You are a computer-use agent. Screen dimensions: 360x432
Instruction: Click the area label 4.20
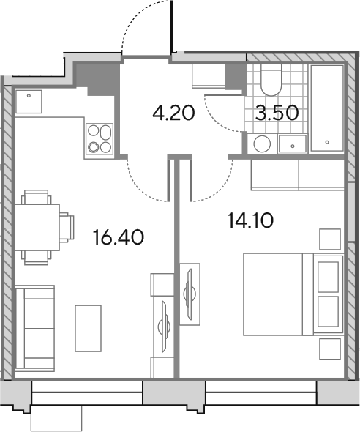pos(173,113)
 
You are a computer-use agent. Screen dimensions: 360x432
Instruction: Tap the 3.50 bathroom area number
pos(277,113)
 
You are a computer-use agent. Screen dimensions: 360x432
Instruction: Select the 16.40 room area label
pos(119,237)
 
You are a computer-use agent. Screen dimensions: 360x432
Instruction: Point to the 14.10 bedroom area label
pos(250,220)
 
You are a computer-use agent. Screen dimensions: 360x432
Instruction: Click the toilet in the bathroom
pos(271,80)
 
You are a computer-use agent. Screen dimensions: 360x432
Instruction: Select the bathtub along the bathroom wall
pos(327,108)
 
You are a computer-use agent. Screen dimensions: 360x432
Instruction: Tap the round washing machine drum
pos(262,144)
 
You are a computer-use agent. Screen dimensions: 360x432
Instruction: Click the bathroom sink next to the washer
pos(292,144)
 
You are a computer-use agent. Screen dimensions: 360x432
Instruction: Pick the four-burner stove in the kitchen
pos(100,138)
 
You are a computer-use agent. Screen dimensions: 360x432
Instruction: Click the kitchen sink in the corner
pos(29,101)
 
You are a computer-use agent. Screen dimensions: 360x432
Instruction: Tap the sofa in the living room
pos(35,329)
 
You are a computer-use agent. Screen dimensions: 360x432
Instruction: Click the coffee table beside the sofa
pos(88,328)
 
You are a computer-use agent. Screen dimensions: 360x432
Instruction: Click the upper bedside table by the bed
pos(330,239)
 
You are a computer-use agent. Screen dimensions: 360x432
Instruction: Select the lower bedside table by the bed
pos(330,349)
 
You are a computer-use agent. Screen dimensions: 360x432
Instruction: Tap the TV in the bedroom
pos(190,294)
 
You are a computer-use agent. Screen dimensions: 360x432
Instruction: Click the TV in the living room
pos(165,327)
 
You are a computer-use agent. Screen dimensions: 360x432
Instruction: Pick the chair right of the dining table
pos(67,227)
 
